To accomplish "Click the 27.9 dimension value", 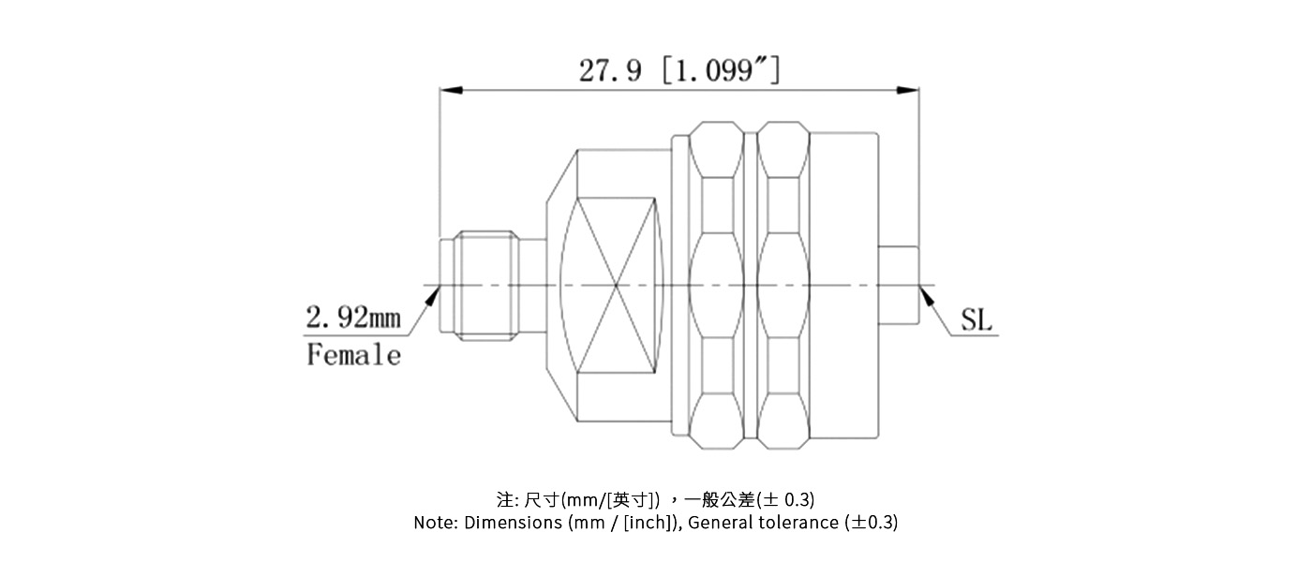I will pyautogui.click(x=610, y=69).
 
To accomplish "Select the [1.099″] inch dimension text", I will pyautogui.click(x=720, y=69).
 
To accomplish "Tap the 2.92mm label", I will pyautogui.click(x=353, y=318).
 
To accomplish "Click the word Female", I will pyautogui.click(x=353, y=355).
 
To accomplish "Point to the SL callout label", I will pyautogui.click(x=976, y=321).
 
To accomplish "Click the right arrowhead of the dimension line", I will pyautogui.click(x=907, y=91).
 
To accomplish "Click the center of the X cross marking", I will pyautogui.click(x=616, y=285).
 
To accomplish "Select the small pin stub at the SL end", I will pyautogui.click(x=898, y=285).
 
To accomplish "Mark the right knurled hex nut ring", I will pyautogui.click(x=783, y=285).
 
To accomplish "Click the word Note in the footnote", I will pyautogui.click(x=435, y=523).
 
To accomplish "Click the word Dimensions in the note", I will pyautogui.click(x=514, y=523).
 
